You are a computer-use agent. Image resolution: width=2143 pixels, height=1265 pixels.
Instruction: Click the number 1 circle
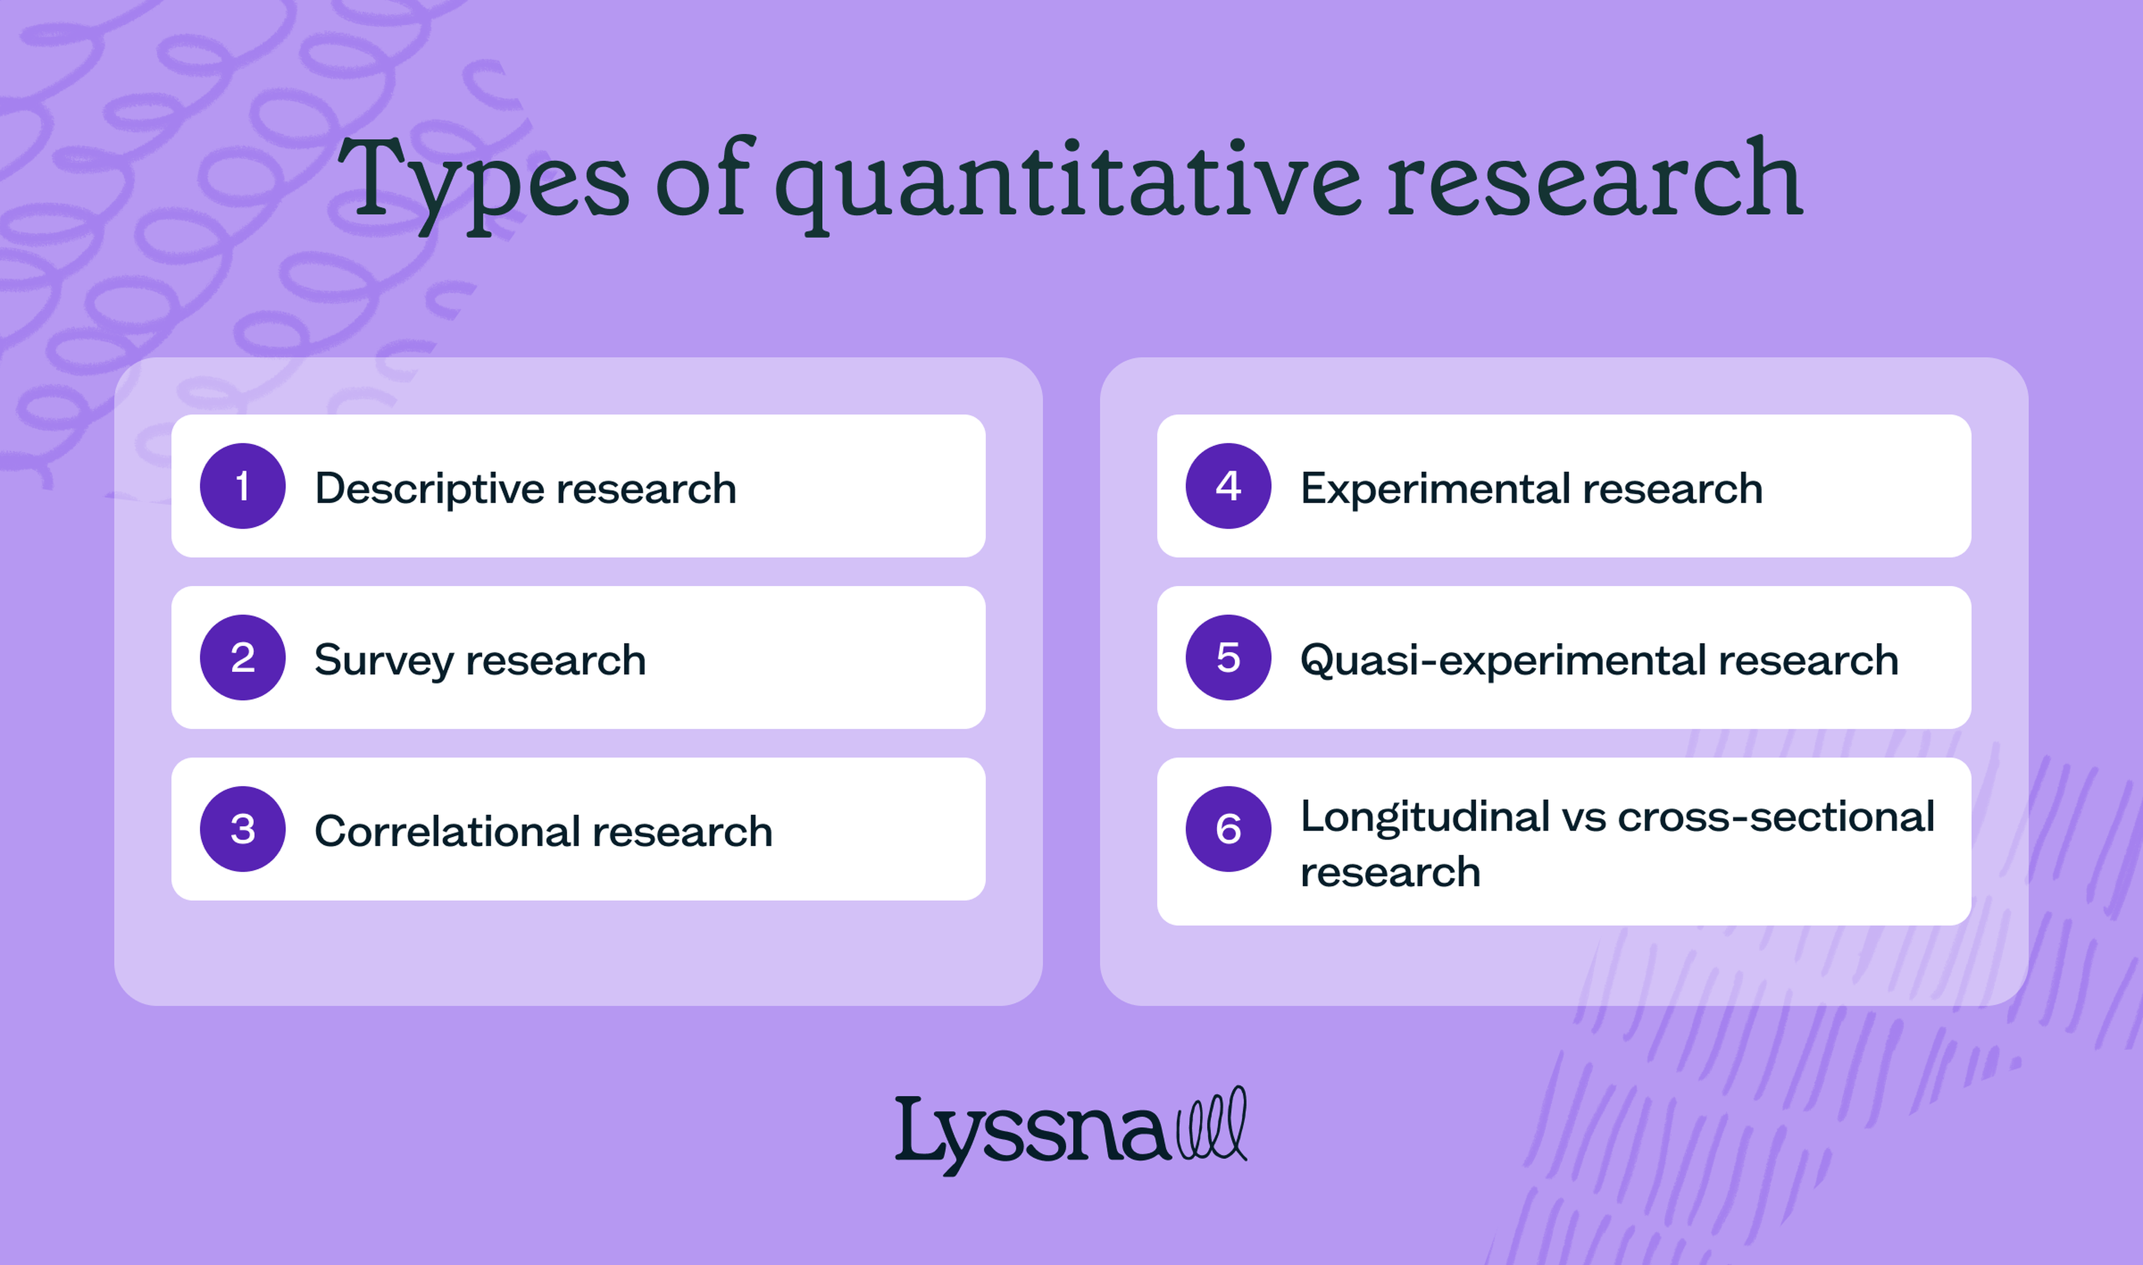click(x=243, y=486)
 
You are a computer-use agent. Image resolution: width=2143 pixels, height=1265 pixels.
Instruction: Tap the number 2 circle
click(x=243, y=657)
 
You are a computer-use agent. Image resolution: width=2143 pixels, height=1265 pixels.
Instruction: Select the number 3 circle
click(x=243, y=828)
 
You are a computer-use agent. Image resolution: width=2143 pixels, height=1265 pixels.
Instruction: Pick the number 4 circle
click(x=1228, y=486)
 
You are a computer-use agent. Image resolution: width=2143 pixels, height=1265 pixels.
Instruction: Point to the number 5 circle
click(x=1228, y=657)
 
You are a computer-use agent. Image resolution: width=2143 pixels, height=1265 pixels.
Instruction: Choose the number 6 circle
click(x=1228, y=828)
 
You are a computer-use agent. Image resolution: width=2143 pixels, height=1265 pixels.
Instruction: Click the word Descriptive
click(x=430, y=489)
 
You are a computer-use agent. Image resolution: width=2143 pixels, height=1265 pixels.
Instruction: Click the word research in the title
click(x=1593, y=180)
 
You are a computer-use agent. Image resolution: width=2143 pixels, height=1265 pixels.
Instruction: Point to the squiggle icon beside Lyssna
click(x=1212, y=1125)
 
